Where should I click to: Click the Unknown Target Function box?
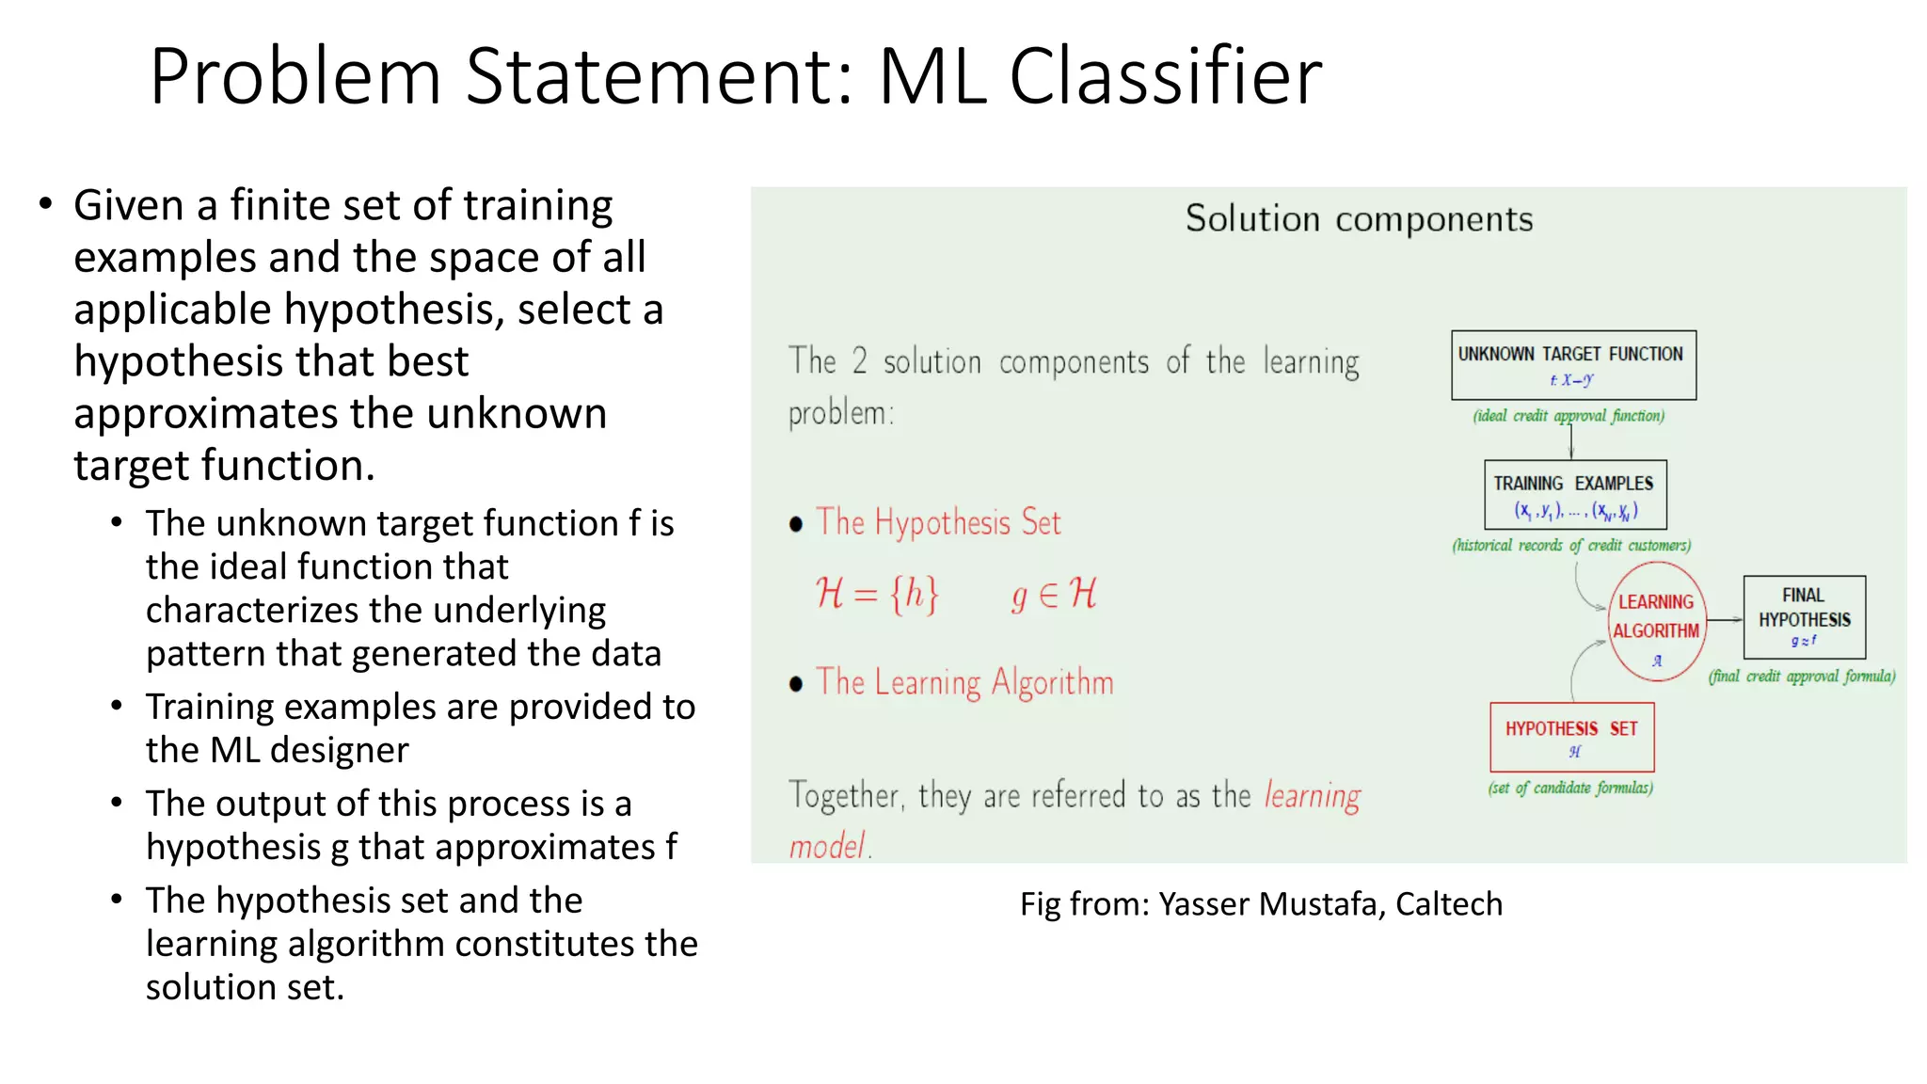pos(1573,365)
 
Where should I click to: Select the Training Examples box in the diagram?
pos(1574,495)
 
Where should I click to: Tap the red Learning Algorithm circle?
pos(1656,621)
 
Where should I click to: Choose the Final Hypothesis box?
pos(1804,617)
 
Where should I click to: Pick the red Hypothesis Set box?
pos(1571,737)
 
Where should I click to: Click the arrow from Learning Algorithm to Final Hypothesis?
pos(1725,619)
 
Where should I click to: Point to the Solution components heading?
pos(1358,219)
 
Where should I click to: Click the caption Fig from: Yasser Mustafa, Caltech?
pos(1261,903)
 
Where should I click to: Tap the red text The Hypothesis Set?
pos(938,522)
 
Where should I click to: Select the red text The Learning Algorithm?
pos(964,682)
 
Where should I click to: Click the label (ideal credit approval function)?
pos(1569,416)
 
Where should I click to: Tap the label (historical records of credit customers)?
pos(1570,546)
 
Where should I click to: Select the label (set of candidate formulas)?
pos(1569,788)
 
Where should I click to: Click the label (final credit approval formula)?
pos(1801,677)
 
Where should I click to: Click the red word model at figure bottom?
pos(826,846)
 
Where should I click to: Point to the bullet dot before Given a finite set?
pos(45,204)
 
